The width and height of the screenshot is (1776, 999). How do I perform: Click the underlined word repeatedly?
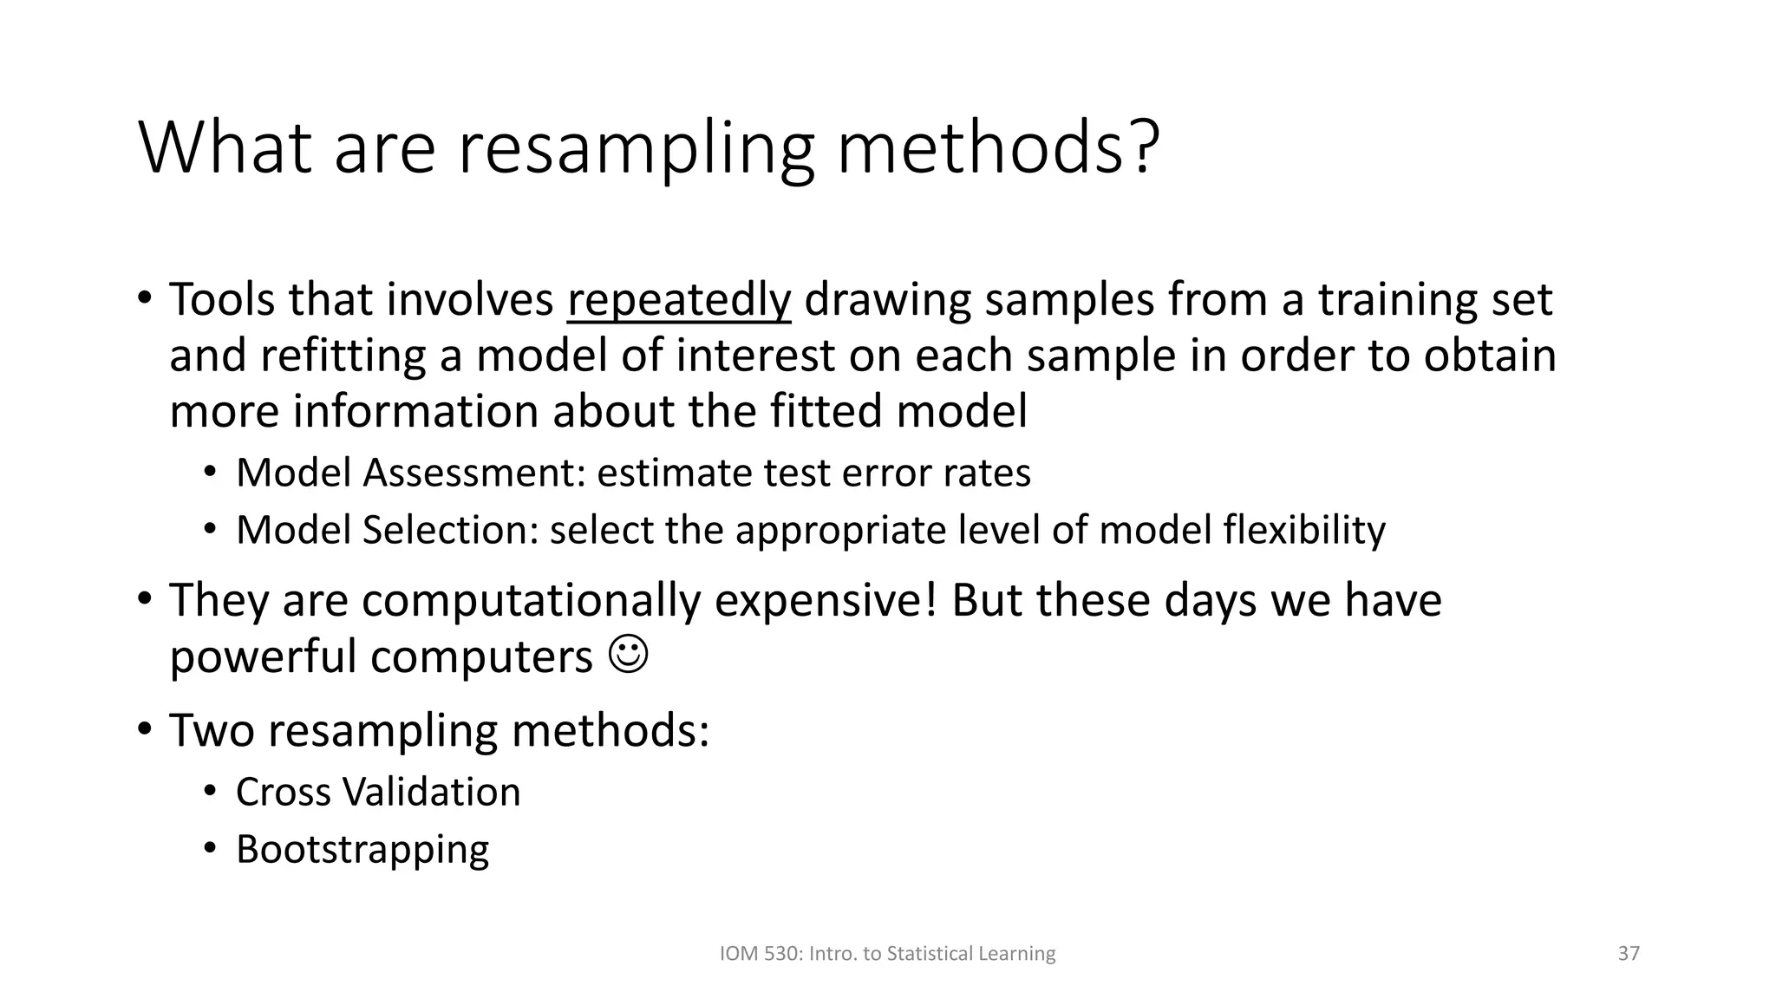[x=678, y=300]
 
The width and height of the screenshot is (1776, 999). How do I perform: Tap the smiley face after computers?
[x=629, y=656]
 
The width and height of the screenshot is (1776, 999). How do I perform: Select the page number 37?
[x=1629, y=954]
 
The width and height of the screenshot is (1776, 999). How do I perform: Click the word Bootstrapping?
[x=362, y=849]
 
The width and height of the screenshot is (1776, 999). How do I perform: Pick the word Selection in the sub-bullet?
[x=450, y=531]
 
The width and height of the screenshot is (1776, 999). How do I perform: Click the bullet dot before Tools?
[x=145, y=298]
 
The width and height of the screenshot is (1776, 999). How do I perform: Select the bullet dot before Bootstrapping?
[x=209, y=848]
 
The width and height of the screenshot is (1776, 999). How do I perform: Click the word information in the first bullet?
[x=415, y=411]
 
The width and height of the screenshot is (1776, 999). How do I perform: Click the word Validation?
[x=431, y=792]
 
